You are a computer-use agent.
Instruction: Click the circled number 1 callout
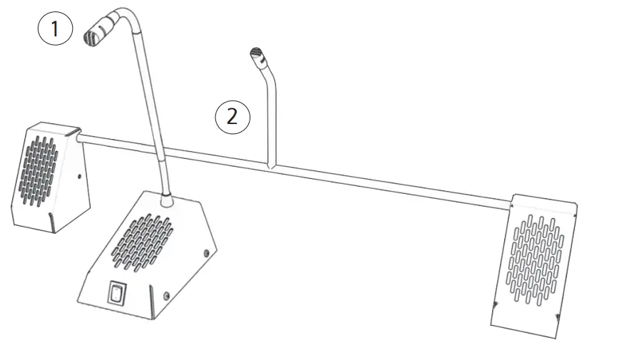(56, 30)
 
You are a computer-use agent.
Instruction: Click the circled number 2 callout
(232, 117)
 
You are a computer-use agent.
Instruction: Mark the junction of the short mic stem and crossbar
(270, 167)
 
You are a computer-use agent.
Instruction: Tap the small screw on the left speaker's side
(78, 176)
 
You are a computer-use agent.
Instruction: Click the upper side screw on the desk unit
(206, 252)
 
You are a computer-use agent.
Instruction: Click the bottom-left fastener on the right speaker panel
(495, 304)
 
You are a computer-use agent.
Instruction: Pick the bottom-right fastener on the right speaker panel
(556, 317)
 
